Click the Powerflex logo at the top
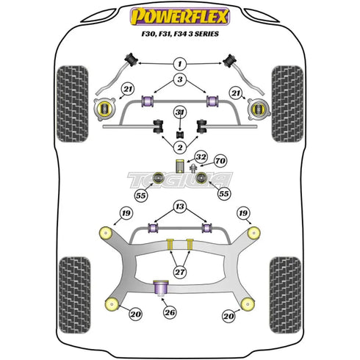pos(179,15)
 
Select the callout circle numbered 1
pos(179,65)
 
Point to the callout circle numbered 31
pos(179,112)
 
